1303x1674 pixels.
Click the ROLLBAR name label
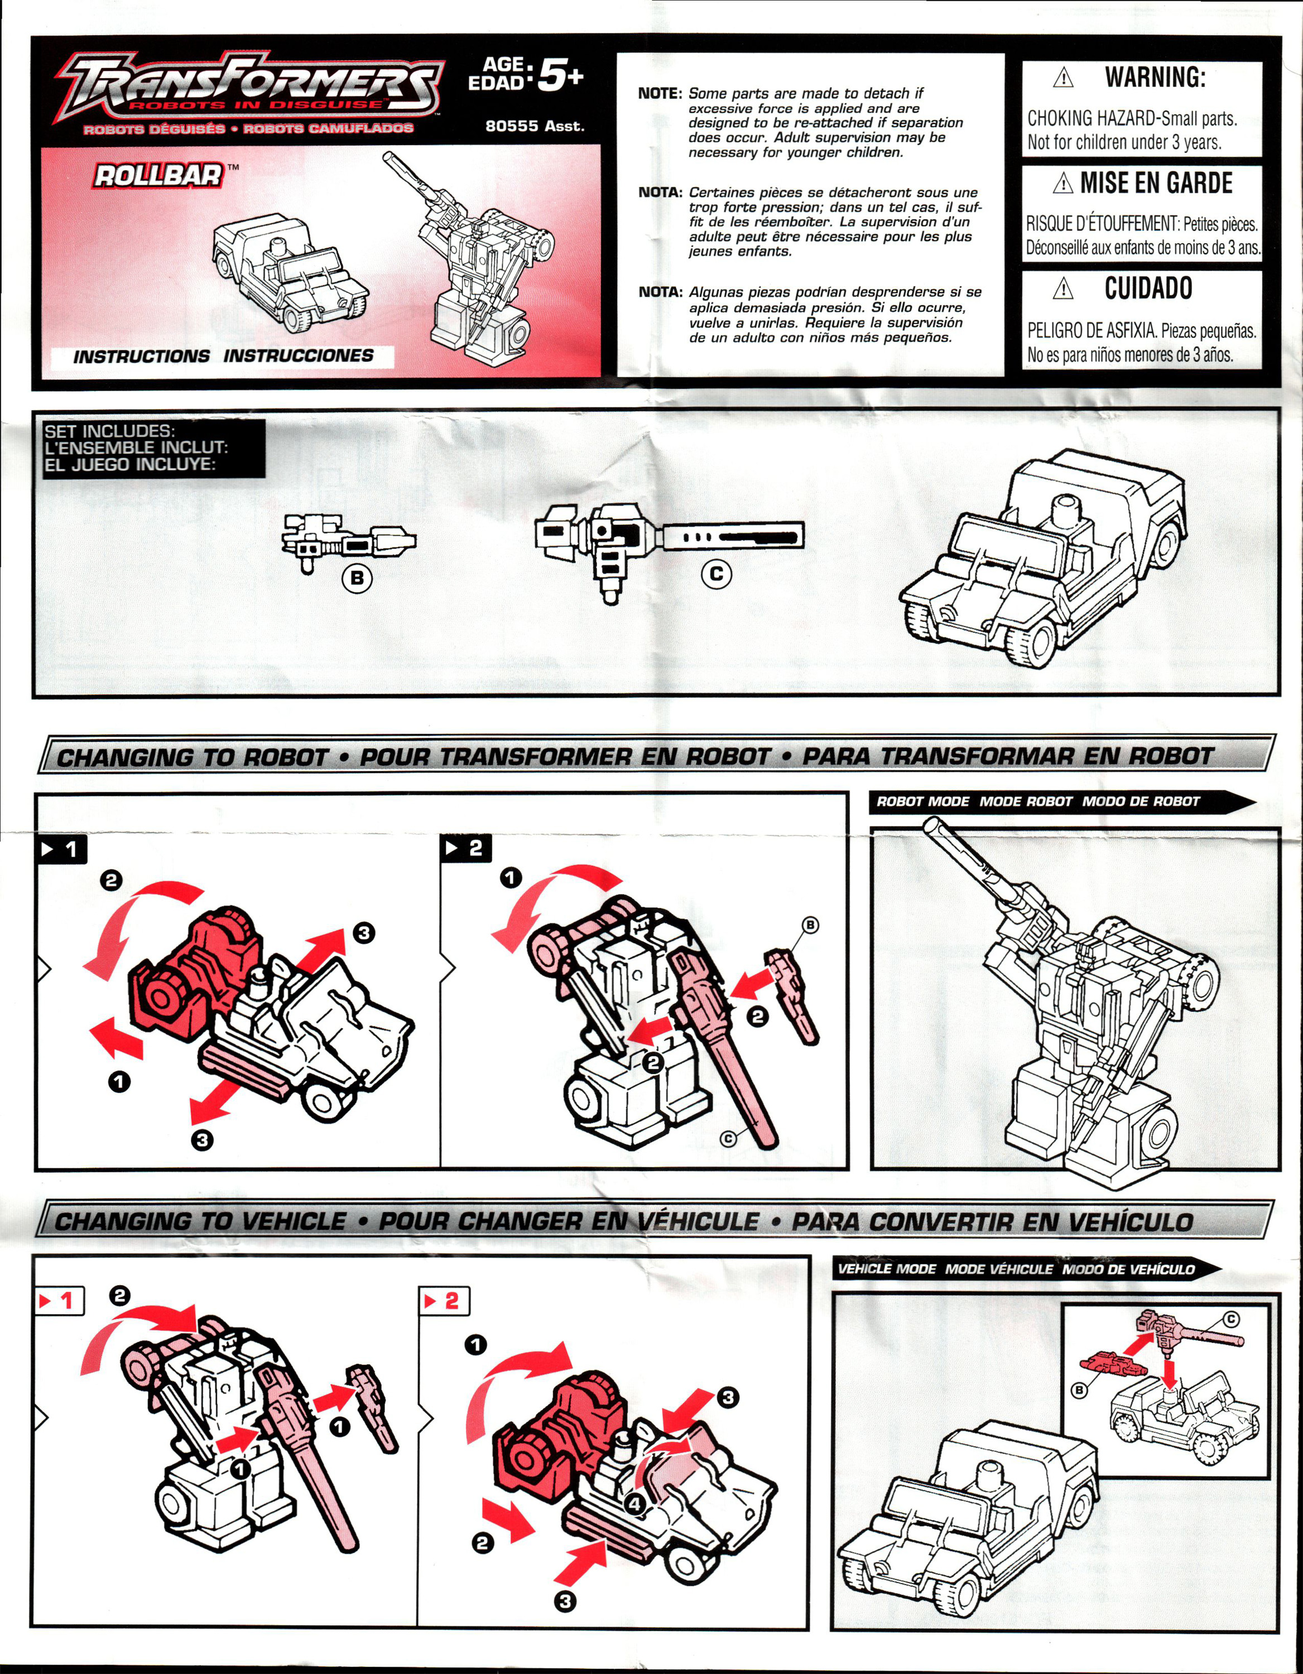tap(158, 176)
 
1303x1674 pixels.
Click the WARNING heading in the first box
tap(1155, 78)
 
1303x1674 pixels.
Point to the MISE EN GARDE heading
tap(1156, 183)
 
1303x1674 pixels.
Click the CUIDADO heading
tap(1148, 288)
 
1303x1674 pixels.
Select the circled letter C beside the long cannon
tap(717, 574)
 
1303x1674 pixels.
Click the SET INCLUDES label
tap(109, 431)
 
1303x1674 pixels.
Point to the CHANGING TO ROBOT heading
tap(193, 757)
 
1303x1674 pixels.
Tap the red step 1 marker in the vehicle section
tap(61, 1301)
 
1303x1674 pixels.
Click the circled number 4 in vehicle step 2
tap(634, 1504)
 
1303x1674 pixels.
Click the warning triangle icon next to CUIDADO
tap(1062, 289)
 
